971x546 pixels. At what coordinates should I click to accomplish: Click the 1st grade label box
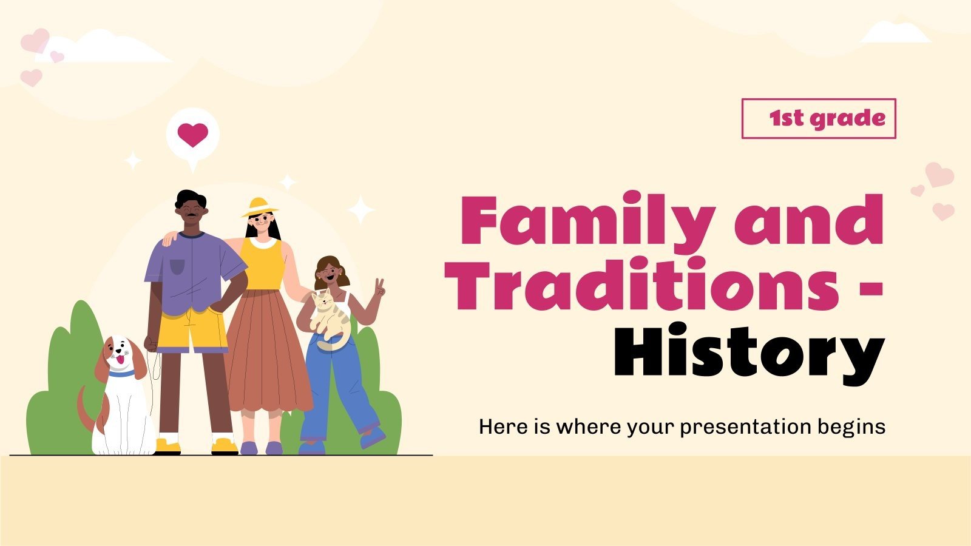coord(818,118)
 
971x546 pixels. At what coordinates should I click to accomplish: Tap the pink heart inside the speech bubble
coord(192,134)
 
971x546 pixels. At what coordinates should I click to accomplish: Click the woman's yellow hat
coord(260,206)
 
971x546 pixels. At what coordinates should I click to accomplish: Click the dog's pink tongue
coord(120,361)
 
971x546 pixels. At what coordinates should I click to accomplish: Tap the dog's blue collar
coord(122,374)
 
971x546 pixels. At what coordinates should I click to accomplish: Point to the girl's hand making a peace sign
coord(379,288)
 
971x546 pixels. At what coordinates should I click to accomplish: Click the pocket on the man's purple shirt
coord(177,266)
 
